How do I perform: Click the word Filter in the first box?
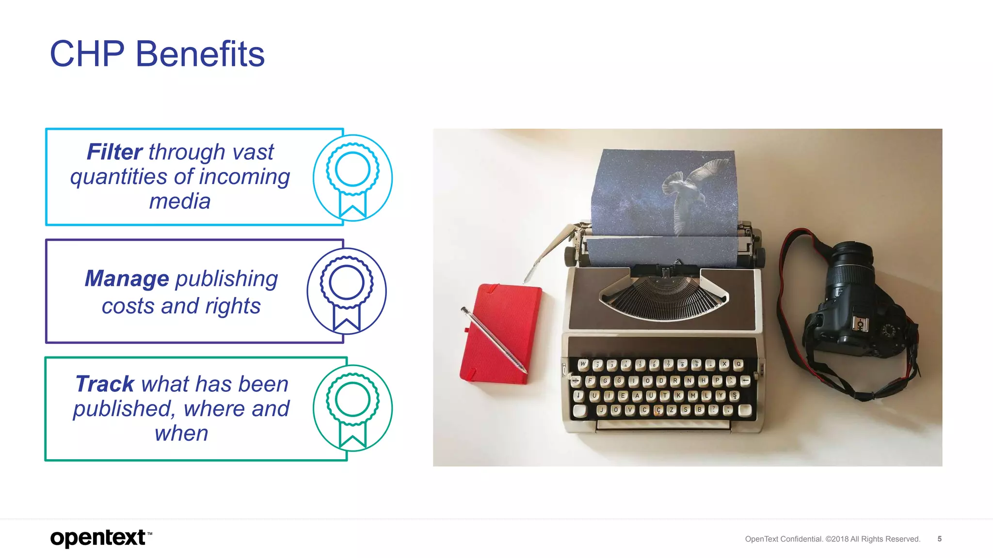click(114, 152)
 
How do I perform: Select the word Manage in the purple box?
click(127, 279)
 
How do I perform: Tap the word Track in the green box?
click(105, 384)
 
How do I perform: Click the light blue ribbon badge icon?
click(352, 178)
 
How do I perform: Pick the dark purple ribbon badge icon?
click(346, 291)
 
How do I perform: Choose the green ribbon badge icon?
click(352, 408)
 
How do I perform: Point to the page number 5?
click(939, 539)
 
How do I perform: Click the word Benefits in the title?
click(200, 54)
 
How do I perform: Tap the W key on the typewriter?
click(583, 363)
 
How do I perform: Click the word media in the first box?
click(179, 201)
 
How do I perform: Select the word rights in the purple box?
click(232, 306)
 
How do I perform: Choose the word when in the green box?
click(181, 434)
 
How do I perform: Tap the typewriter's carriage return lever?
click(550, 252)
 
